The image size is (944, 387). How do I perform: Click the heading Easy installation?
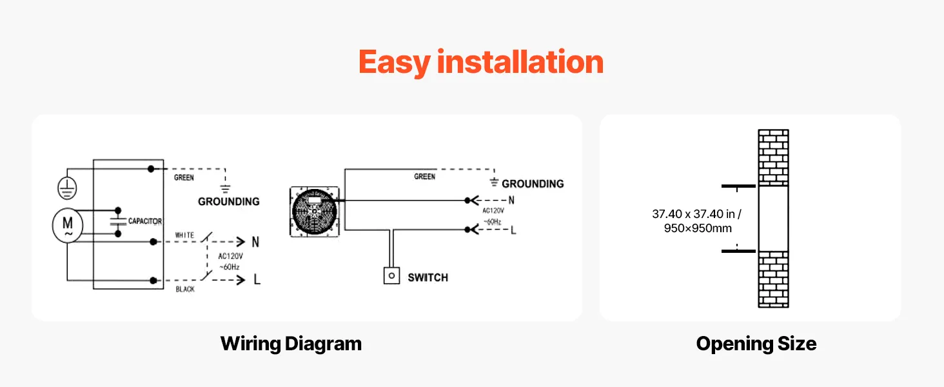tap(480, 63)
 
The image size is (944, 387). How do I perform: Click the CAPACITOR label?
tap(145, 221)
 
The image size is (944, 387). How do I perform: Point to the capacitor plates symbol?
tap(117, 221)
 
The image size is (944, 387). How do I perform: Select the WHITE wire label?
tap(184, 235)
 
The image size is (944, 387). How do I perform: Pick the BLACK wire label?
tap(185, 289)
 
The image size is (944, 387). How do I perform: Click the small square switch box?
tap(390, 276)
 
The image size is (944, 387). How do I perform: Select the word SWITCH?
tap(428, 277)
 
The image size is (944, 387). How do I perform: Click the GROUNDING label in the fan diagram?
tap(533, 184)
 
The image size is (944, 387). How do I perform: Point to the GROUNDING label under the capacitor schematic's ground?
tap(228, 201)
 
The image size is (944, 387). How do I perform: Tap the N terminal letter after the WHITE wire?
tap(255, 243)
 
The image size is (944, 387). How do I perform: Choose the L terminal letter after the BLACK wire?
tap(257, 281)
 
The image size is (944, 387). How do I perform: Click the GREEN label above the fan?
tap(424, 176)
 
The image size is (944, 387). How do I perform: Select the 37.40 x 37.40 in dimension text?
tap(696, 214)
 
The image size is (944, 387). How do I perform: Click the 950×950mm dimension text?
tap(698, 228)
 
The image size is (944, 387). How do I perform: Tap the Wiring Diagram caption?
tap(291, 343)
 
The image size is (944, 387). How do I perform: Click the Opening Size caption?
tap(756, 344)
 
